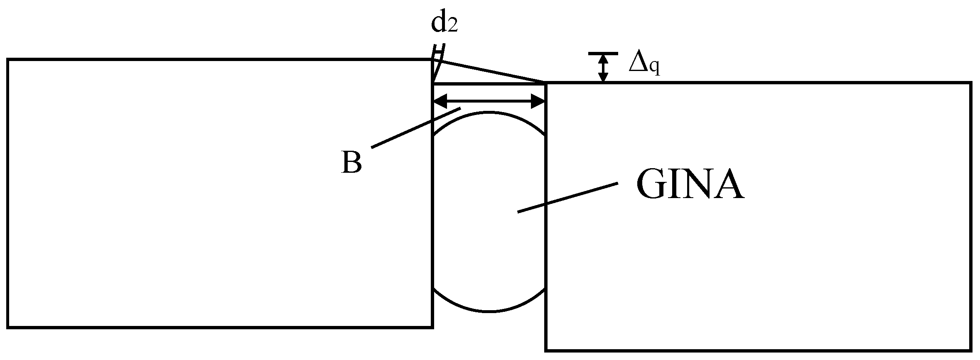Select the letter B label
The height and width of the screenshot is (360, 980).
[351, 162]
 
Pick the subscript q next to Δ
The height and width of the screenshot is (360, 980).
[654, 68]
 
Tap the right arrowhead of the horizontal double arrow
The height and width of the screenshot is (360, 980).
[538, 100]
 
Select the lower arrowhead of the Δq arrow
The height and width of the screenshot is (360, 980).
[603, 77]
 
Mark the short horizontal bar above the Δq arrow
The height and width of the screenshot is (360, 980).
[603, 54]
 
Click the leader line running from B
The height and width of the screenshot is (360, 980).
[415, 127]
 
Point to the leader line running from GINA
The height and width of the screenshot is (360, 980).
[567, 198]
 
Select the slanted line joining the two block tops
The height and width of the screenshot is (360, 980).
[490, 71]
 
